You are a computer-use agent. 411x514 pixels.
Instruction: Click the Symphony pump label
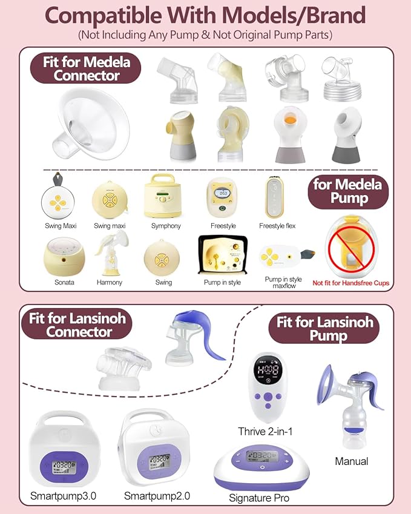[x=166, y=226]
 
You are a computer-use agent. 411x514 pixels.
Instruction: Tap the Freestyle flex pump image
[x=275, y=197]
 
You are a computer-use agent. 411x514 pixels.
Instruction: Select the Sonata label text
[x=64, y=282]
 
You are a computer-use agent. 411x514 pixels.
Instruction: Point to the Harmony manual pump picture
[x=110, y=252]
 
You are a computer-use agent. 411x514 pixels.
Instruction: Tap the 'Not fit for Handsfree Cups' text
[x=350, y=283]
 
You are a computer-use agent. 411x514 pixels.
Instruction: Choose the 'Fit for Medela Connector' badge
[x=86, y=68]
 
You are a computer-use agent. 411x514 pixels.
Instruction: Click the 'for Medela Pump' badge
[x=348, y=192]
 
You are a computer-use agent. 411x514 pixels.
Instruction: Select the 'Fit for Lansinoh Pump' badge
[x=324, y=329]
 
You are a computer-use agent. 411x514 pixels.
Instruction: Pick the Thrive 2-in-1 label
[x=265, y=432]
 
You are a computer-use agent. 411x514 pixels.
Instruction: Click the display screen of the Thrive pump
[x=268, y=370]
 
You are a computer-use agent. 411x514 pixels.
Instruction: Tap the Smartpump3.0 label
[x=63, y=496]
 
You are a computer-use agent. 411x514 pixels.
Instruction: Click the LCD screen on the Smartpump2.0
[x=159, y=461]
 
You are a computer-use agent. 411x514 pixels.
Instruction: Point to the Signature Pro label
[x=259, y=498]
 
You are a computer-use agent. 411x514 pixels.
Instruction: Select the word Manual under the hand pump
[x=351, y=461]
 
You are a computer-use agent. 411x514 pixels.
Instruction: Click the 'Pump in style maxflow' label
[x=283, y=283]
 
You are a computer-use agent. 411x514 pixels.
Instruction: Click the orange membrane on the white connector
[x=290, y=120]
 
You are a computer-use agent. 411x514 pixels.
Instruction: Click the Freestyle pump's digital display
[x=222, y=193]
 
